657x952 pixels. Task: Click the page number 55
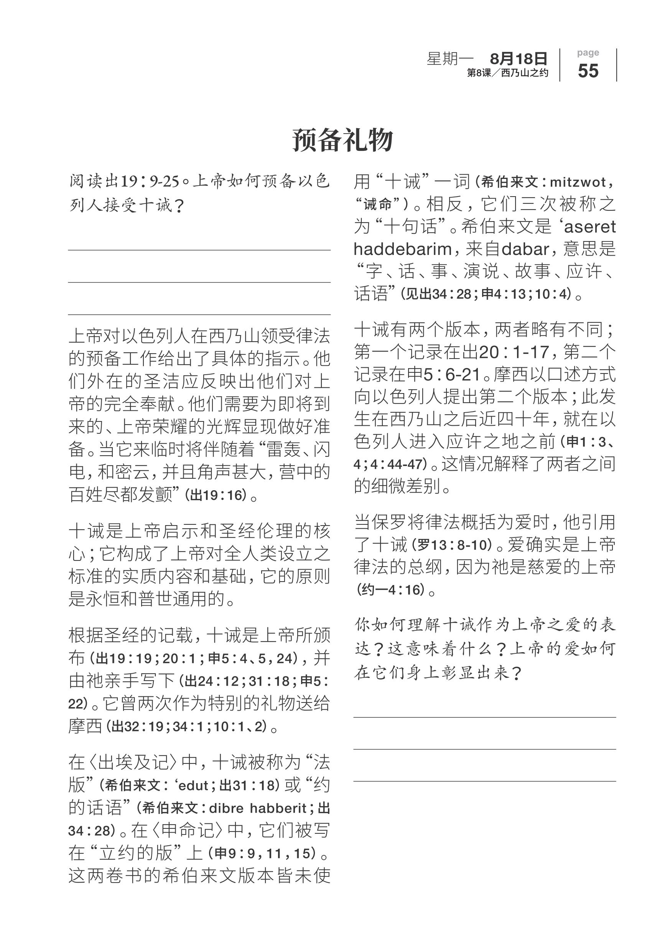pos(588,71)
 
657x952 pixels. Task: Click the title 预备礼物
pos(342,140)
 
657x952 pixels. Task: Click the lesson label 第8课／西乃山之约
pos(507,73)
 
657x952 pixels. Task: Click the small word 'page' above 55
pos(588,53)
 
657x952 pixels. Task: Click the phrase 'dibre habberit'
pos(257,808)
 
